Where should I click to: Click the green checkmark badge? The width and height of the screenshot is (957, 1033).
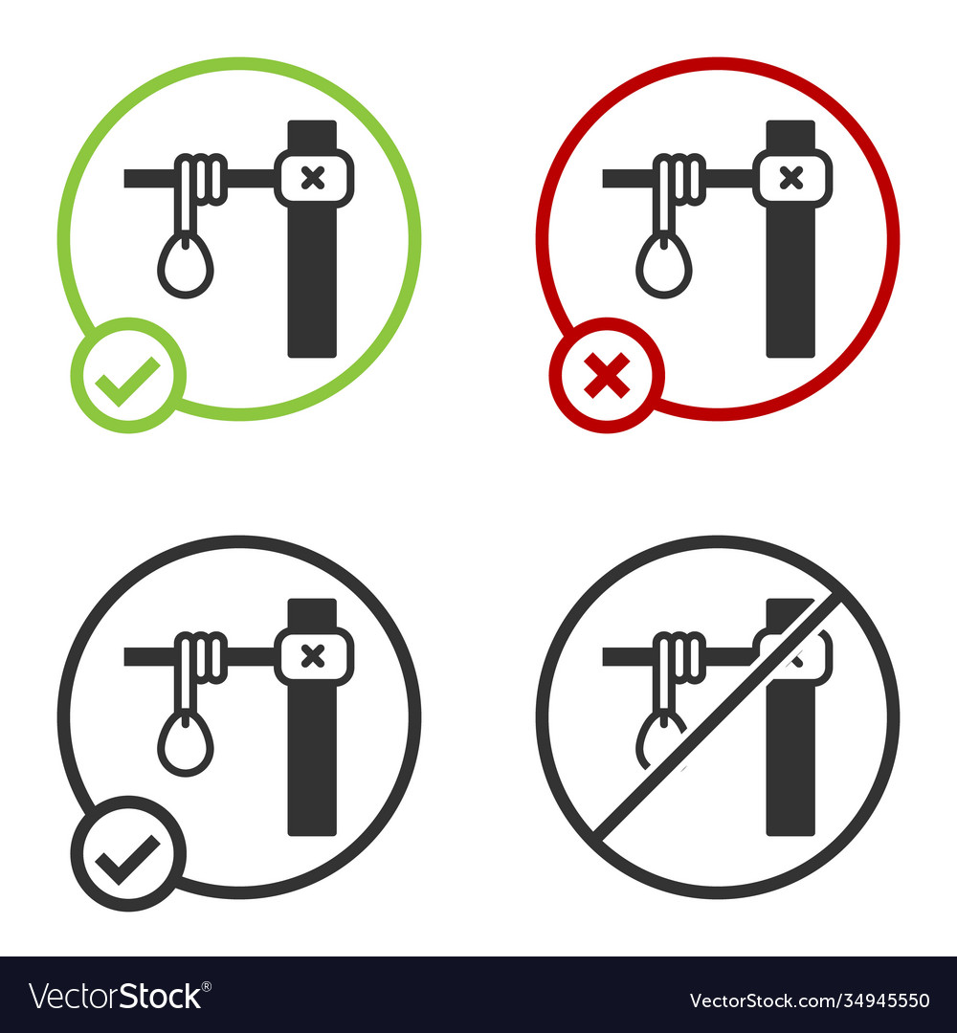click(x=128, y=375)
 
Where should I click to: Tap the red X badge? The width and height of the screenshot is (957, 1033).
click(x=607, y=375)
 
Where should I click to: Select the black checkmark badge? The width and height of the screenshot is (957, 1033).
click(x=128, y=853)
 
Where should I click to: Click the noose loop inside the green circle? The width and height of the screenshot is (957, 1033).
click(x=186, y=267)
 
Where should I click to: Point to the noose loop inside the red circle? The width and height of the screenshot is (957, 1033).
click(x=664, y=267)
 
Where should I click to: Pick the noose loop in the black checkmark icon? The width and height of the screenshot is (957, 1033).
click(x=186, y=745)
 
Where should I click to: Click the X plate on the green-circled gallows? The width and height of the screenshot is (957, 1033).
click(x=313, y=177)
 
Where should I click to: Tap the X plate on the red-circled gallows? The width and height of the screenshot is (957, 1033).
click(x=791, y=177)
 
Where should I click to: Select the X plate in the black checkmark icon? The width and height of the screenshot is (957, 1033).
click(x=313, y=655)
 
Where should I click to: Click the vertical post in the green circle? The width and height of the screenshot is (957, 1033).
click(x=313, y=287)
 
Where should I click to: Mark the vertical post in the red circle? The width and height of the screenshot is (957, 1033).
click(x=791, y=287)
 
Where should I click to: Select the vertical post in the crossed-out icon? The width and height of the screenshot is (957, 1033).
click(x=791, y=765)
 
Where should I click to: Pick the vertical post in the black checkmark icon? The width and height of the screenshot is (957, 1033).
click(x=313, y=765)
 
